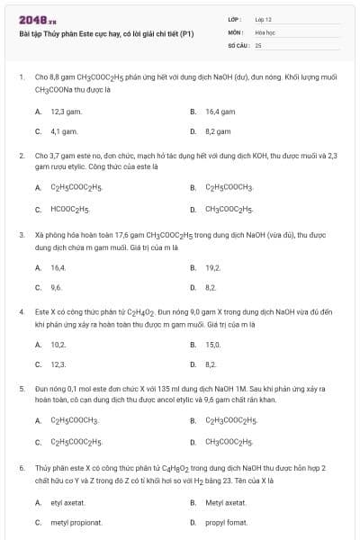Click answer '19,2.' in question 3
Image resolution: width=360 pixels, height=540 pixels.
tap(212, 267)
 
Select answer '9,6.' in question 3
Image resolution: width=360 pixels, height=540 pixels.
tap(57, 287)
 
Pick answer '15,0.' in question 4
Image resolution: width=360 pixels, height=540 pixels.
tap(212, 345)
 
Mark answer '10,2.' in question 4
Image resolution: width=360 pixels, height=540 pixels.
tap(58, 345)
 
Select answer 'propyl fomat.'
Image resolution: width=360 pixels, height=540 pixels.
tap(225, 522)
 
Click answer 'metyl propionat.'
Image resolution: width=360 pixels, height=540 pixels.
tap(76, 522)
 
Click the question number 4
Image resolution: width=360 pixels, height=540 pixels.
tap(21, 310)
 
